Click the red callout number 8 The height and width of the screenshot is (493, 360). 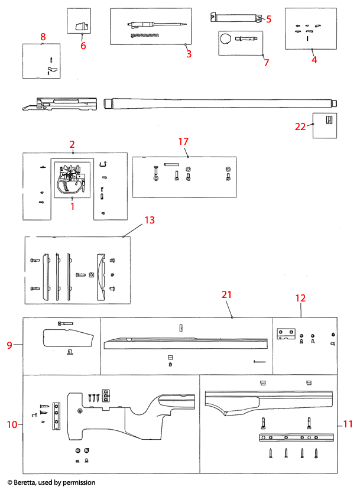43,37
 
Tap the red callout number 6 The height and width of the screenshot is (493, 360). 83,46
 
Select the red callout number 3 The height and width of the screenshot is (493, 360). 189,54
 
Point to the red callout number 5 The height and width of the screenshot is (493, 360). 268,19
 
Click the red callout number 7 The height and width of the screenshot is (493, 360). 265,62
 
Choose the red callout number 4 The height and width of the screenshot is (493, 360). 314,59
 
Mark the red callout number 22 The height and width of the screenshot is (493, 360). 301,125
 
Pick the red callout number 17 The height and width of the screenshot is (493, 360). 183,141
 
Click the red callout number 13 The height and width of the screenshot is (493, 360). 150,220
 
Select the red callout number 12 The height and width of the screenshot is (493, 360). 300,299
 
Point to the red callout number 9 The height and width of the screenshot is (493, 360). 9,345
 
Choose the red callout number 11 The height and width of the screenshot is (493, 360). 348,424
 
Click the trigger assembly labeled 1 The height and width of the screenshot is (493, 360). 71,180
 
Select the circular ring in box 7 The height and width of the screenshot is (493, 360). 226,40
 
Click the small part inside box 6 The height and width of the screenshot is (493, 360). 82,25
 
